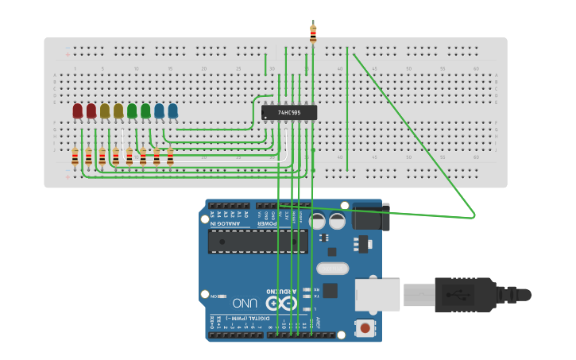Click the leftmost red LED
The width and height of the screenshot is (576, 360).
(77, 111)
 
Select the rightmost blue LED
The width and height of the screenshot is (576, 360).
(172, 111)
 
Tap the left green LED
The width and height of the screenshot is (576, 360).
(132, 111)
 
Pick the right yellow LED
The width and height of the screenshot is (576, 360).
(118, 111)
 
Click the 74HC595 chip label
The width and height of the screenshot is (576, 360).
(289, 113)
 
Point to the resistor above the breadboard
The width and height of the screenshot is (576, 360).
(313, 33)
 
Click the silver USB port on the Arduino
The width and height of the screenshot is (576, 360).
(377, 294)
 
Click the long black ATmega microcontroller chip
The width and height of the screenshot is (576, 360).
(257, 242)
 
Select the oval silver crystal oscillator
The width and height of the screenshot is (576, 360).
(332, 269)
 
